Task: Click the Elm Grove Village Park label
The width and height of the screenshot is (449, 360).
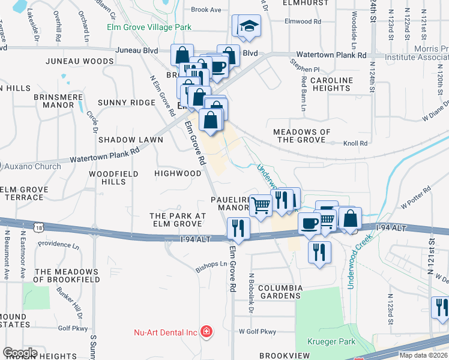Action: coord(149,27)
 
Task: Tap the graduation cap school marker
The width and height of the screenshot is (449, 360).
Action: coord(248,26)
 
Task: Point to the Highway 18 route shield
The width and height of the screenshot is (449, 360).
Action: coord(39,227)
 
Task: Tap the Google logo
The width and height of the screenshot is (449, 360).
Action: coord(20,353)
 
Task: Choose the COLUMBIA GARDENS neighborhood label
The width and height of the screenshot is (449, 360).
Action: coord(280,292)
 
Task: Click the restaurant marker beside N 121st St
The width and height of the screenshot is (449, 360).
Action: coord(441,307)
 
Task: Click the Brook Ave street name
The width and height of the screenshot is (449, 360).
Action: coord(206,10)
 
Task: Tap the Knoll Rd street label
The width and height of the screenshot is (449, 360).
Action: coord(355,143)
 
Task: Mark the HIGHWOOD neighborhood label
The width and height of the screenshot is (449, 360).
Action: coord(178,173)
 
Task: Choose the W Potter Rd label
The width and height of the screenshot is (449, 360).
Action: coord(416,197)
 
